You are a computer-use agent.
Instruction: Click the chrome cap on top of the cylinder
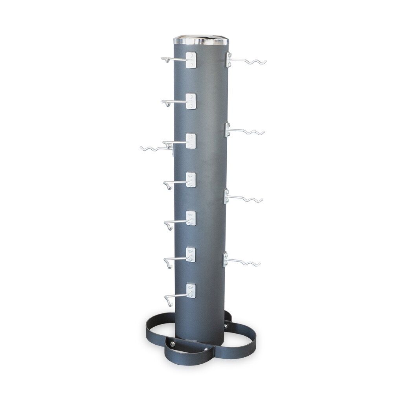pos(201,40)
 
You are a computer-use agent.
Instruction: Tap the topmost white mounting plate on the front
pos(191,59)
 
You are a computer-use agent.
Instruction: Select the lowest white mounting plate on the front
pos(191,291)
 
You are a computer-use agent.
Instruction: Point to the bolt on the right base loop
pos(226,326)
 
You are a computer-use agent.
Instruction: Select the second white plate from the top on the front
pos(191,101)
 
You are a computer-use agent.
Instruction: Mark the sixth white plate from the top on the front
pos(191,255)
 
